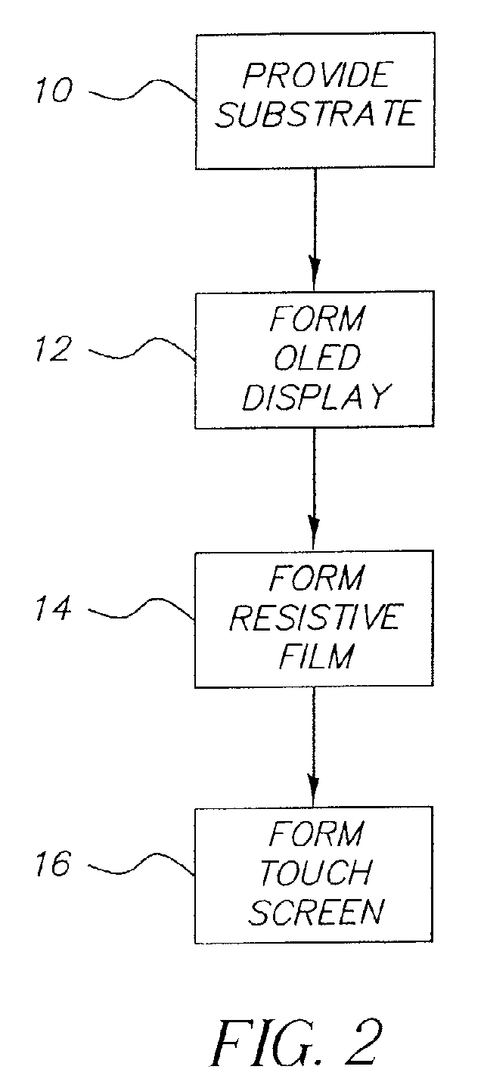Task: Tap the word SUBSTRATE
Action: pyautogui.click(x=315, y=114)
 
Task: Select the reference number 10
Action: pyautogui.click(x=54, y=90)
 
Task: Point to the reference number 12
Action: pyautogui.click(x=53, y=349)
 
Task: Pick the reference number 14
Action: pyautogui.click(x=53, y=609)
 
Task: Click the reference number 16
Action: pyautogui.click(x=53, y=864)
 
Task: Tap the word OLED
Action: pyautogui.click(x=318, y=358)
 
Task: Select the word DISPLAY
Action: pyautogui.click(x=316, y=397)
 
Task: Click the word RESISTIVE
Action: pyautogui.click(x=315, y=617)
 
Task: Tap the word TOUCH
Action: pyautogui.click(x=315, y=873)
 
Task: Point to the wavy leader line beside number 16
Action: pyautogui.click(x=141, y=864)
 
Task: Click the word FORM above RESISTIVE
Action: pyautogui.click(x=316, y=578)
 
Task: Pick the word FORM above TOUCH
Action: pyautogui.click(x=316, y=834)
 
